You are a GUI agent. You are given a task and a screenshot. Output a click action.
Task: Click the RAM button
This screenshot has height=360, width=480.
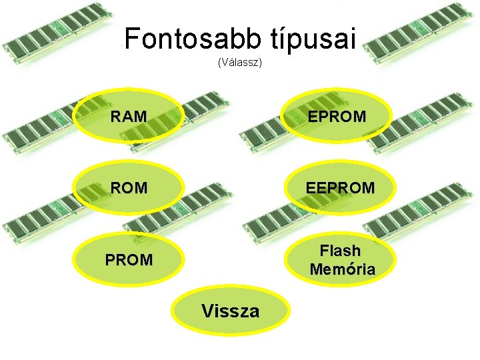pyautogui.click(x=128, y=116)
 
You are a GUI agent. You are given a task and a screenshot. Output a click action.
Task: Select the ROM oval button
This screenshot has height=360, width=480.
pyautogui.click(x=128, y=188)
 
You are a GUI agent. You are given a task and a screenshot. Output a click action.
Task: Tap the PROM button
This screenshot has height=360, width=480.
pyautogui.click(x=128, y=260)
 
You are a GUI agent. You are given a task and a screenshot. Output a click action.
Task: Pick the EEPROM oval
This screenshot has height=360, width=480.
pyautogui.click(x=340, y=188)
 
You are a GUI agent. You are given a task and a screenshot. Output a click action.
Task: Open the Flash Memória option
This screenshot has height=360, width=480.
pyautogui.click(x=340, y=260)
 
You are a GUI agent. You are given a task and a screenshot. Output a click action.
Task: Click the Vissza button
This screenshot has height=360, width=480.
pyautogui.click(x=231, y=310)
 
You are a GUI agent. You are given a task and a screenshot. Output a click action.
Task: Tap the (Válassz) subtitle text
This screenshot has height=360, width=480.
pyautogui.click(x=240, y=63)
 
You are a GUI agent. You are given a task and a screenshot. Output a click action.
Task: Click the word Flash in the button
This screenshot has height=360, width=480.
pyautogui.click(x=340, y=251)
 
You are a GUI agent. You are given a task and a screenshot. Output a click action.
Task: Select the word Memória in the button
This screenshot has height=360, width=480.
pyautogui.click(x=342, y=269)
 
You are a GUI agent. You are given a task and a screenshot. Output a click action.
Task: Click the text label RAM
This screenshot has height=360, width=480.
pyautogui.click(x=129, y=117)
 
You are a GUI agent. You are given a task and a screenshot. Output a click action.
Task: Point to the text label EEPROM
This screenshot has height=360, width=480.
pyautogui.click(x=341, y=189)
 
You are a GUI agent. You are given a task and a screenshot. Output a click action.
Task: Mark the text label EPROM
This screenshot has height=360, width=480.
pyautogui.click(x=337, y=117)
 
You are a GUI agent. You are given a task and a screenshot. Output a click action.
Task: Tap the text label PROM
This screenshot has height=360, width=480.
pyautogui.click(x=129, y=260)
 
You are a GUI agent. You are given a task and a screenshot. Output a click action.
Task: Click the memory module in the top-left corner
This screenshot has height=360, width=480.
pyautogui.click(x=57, y=37)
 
